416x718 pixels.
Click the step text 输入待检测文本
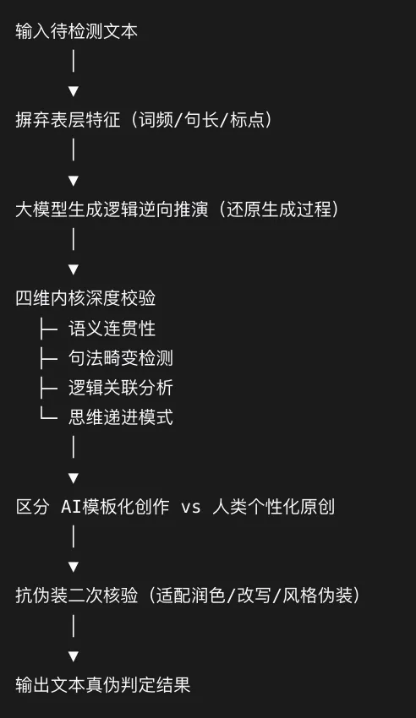click(76, 31)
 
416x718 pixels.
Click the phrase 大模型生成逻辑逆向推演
click(112, 209)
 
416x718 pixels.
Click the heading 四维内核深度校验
click(85, 298)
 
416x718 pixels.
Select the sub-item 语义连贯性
click(112, 329)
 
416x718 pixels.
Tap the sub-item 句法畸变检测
click(121, 358)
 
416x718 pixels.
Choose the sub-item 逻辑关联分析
click(121, 388)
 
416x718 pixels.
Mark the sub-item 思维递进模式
click(121, 417)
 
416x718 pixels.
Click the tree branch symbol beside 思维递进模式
click(48, 415)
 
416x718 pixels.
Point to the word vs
click(191, 507)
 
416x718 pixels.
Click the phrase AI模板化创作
click(115, 507)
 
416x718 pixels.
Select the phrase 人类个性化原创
click(273, 507)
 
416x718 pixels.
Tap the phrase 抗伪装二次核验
click(76, 596)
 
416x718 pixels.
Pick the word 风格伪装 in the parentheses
click(318, 596)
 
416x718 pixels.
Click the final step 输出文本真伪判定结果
click(103, 685)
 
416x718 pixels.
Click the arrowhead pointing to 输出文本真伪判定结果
click(74, 656)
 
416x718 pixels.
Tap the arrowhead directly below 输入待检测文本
click(74, 91)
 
